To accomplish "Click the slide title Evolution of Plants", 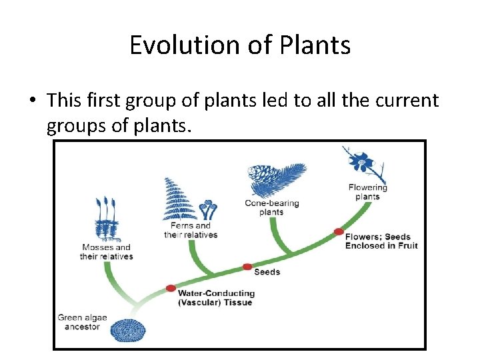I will point(240,45).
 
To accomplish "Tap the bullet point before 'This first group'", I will point(33,101).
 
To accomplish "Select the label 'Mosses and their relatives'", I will point(106,252).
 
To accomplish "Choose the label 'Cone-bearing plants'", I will point(271,207).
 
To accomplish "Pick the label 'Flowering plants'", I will point(367,192).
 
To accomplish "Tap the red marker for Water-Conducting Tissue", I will point(171,289).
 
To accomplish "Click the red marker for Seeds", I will point(247,267).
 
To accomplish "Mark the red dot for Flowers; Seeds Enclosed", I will point(339,231).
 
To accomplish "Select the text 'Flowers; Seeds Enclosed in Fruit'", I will point(381,241).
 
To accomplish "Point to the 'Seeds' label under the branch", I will point(267,272).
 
